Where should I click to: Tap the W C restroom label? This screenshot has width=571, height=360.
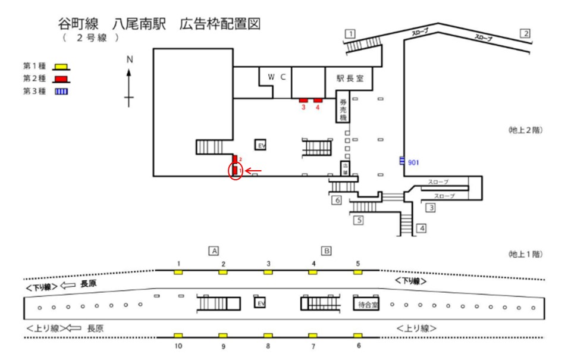pyautogui.click(x=277, y=77)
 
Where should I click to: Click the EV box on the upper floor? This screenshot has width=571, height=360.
pyautogui.click(x=260, y=145)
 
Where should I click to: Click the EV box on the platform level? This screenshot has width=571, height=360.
pyautogui.click(x=260, y=303)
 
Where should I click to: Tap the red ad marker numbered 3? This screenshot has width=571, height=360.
pyautogui.click(x=303, y=99)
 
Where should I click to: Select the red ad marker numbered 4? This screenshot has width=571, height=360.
pyautogui.click(x=318, y=99)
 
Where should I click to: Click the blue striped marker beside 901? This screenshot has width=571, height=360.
pyautogui.click(x=402, y=160)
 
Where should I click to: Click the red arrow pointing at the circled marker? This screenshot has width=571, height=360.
pyautogui.click(x=254, y=172)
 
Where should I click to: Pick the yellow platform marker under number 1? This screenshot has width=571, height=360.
pyautogui.click(x=178, y=272)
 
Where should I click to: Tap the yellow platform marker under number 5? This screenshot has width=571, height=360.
pyautogui.click(x=357, y=272)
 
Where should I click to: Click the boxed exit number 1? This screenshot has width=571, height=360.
pyautogui.click(x=351, y=33)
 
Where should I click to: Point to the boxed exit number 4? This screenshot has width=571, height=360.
pyautogui.click(x=422, y=228)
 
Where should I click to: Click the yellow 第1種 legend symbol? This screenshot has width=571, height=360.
pyautogui.click(x=60, y=67)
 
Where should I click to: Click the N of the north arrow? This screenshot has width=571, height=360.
pyautogui.click(x=129, y=59)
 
